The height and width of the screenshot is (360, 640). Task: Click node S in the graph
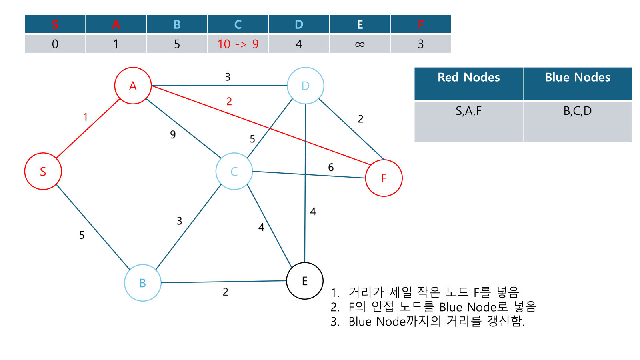tap(43, 171)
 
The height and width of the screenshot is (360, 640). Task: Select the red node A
tap(133, 86)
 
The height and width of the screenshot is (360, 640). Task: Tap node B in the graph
tap(143, 283)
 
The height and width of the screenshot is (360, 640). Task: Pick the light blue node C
tap(234, 171)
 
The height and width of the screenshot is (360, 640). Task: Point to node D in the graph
tap(306, 86)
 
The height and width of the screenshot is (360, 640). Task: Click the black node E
tap(305, 281)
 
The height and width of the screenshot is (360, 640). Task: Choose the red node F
tap(384, 178)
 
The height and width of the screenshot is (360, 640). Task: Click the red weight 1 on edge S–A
tap(85, 117)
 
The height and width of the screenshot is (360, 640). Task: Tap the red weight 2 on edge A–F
tap(229, 102)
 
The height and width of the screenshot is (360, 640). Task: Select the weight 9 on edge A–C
tap(173, 134)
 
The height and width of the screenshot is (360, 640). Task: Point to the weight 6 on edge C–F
tap(331, 168)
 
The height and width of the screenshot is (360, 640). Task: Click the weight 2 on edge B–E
tap(226, 292)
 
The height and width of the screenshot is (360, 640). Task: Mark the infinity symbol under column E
tap(360, 44)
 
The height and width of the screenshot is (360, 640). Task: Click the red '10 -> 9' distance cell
tap(238, 44)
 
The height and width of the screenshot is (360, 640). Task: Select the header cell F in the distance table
tap(420, 24)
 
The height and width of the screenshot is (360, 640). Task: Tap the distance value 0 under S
tap(55, 44)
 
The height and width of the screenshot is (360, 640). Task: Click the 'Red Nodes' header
tap(468, 78)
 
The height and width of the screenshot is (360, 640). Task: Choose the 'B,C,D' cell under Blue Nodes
tap(577, 111)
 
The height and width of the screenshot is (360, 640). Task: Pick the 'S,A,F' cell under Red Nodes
tap(468, 111)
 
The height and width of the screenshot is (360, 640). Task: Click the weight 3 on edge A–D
tap(228, 77)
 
